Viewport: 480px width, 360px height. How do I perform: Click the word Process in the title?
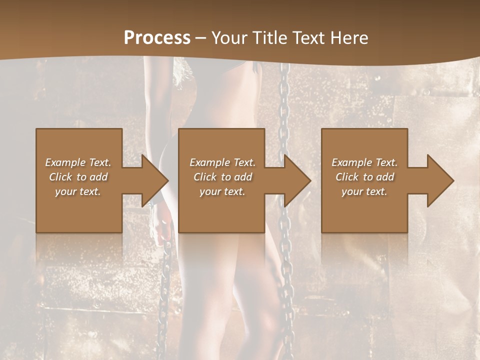[157, 37]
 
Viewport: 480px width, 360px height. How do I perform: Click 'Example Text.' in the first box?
[78, 162]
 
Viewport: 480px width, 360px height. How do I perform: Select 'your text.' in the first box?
[78, 191]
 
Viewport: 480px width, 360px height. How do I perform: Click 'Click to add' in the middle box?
[222, 177]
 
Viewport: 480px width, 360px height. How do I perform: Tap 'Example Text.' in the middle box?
[222, 162]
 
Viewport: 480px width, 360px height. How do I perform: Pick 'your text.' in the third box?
[364, 191]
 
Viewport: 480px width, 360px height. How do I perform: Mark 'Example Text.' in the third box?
[364, 162]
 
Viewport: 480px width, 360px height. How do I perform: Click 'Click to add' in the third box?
[364, 177]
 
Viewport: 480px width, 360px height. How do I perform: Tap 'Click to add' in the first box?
[78, 177]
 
